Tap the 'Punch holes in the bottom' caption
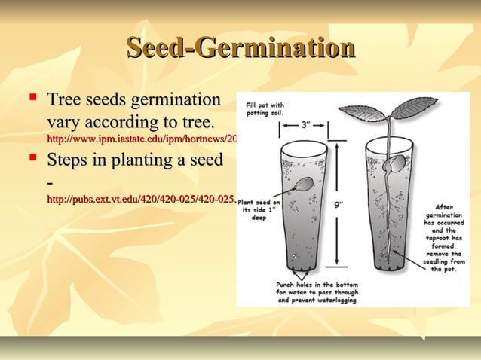click(x=316, y=294)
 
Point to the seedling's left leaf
click(x=363, y=113)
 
